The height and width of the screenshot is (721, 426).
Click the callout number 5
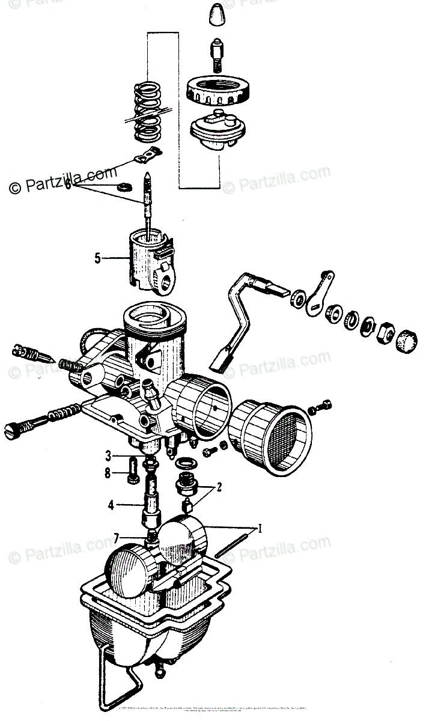[98, 259]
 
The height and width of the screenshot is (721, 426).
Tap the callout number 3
[109, 454]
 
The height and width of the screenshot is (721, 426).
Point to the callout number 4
[111, 505]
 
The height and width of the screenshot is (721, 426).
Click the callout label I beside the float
[260, 529]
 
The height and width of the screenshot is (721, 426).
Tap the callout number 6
[68, 186]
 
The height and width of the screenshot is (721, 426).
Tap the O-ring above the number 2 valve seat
[185, 464]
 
